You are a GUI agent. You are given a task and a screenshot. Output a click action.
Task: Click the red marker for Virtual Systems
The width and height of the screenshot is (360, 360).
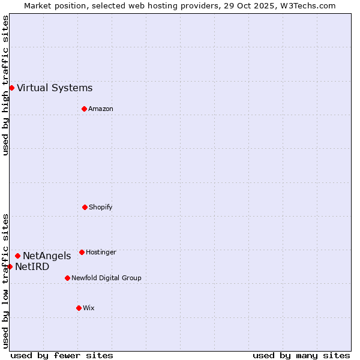pyautogui.click(x=11, y=88)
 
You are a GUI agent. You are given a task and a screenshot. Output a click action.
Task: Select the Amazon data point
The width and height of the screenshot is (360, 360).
pyautogui.click(x=84, y=109)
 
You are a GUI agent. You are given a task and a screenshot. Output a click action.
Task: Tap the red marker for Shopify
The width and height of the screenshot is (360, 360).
pyautogui.click(x=85, y=207)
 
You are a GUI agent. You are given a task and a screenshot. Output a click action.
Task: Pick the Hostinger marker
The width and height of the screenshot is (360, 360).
pyautogui.click(x=82, y=252)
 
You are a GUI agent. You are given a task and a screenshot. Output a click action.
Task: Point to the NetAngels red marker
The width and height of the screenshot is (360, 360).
pyautogui.click(x=17, y=256)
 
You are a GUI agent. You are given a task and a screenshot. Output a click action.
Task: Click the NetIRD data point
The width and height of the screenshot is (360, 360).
pyautogui.click(x=10, y=266)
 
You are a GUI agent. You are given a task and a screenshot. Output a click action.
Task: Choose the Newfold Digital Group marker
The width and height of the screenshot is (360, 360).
pyautogui.click(x=67, y=278)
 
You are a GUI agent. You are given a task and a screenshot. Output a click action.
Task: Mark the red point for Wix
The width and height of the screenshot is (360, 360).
pyautogui.click(x=79, y=308)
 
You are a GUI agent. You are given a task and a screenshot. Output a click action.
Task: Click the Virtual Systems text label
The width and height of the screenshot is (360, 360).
pyautogui.click(x=55, y=88)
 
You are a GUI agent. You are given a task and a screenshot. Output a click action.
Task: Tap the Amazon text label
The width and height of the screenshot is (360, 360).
pyautogui.click(x=101, y=109)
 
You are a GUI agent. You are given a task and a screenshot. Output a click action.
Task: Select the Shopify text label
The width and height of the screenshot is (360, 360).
pyautogui.click(x=101, y=208)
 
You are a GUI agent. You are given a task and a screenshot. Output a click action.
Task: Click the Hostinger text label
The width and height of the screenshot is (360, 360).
pyautogui.click(x=101, y=253)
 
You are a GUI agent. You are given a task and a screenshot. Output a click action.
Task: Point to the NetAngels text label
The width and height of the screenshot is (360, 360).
pyautogui.click(x=47, y=256)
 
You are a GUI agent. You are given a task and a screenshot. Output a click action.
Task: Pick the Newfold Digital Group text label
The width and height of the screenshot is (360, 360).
pyautogui.click(x=106, y=278)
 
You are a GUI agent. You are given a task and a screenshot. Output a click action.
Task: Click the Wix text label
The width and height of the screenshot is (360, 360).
pyautogui.click(x=89, y=308)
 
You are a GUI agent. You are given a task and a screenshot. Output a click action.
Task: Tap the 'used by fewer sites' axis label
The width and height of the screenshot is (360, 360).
pyautogui.click(x=62, y=355)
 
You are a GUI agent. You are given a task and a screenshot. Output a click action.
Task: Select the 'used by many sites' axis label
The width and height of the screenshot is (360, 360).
pyautogui.click(x=301, y=355)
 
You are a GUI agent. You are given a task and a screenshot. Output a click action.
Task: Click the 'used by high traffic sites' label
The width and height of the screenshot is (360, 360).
pyautogui.click(x=5, y=85)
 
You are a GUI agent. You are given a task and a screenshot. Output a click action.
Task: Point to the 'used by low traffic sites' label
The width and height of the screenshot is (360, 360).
pyautogui.click(x=5, y=281)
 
